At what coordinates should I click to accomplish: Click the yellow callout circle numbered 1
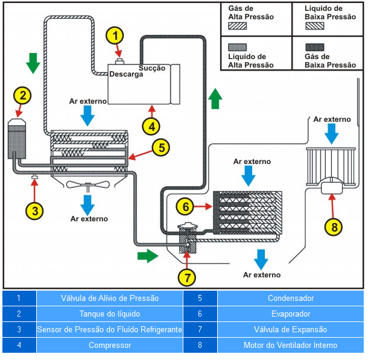pyautogui.click(x=115, y=36)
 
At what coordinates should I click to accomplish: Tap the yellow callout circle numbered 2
pyautogui.click(x=22, y=95)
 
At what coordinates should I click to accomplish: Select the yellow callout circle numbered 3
pyautogui.click(x=35, y=210)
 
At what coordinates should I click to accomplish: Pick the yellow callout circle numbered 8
pyautogui.click(x=334, y=227)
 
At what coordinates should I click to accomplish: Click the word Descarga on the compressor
pyautogui.click(x=126, y=75)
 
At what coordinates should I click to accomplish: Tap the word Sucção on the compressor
pyautogui.click(x=152, y=68)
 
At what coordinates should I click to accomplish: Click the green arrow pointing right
pyautogui.click(x=147, y=256)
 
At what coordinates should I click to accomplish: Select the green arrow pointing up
pyautogui.click(x=215, y=98)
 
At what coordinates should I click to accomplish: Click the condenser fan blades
pyautogui.click(x=87, y=185)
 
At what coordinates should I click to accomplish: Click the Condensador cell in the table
pyautogui.click(x=290, y=298)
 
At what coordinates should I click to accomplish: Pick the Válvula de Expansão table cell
pyautogui.click(x=290, y=330)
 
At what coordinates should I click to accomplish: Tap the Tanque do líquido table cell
pyautogui.click(x=109, y=314)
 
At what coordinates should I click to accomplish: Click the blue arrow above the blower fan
pyautogui.click(x=331, y=134)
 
